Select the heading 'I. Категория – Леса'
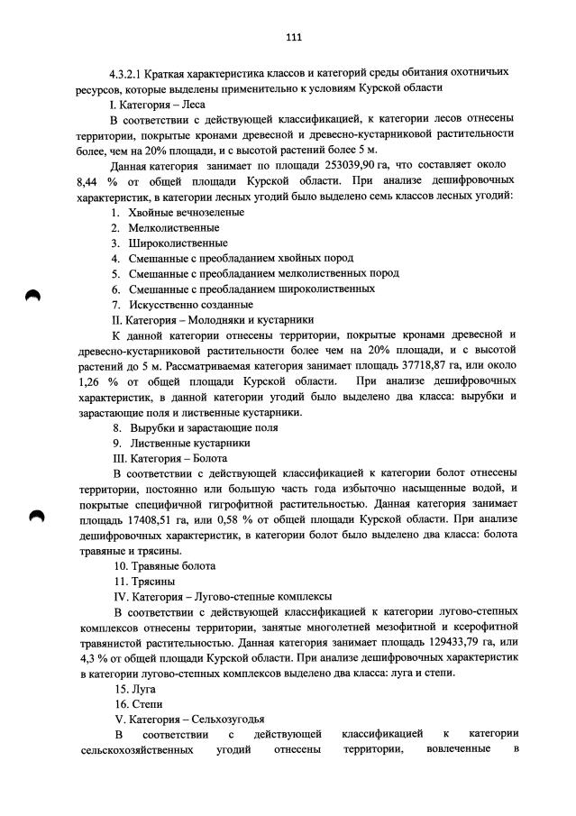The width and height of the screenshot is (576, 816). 158,104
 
